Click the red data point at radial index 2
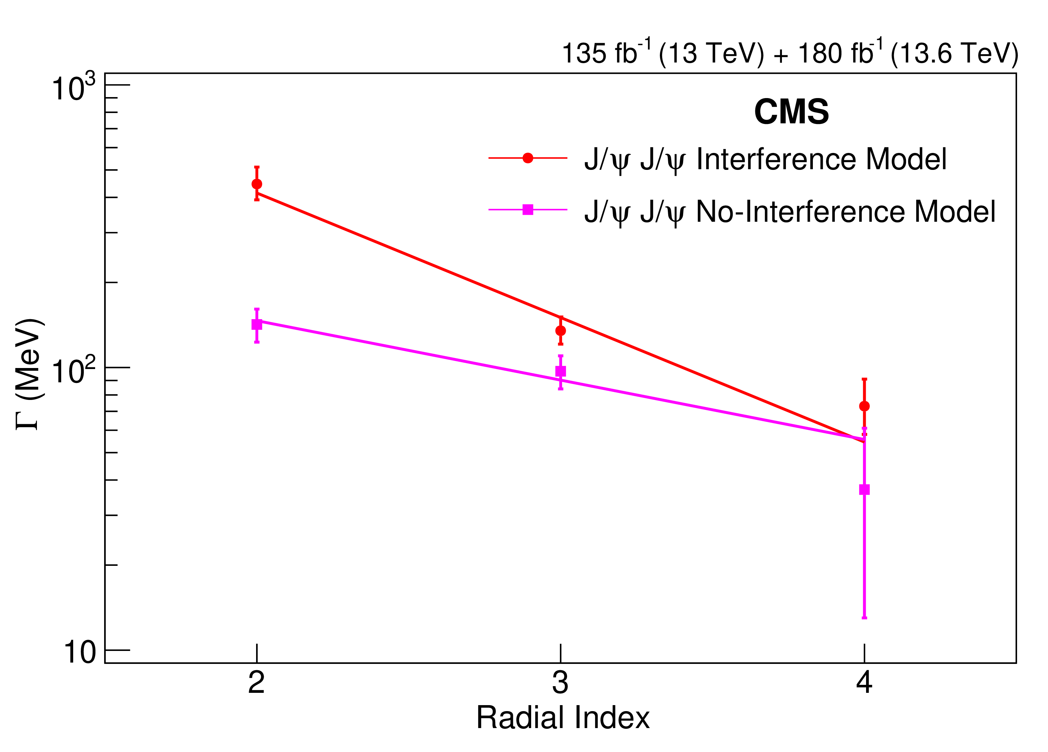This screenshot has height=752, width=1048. pos(257,184)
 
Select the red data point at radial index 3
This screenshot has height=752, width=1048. pos(560,331)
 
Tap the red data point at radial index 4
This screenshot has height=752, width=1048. pos(864,406)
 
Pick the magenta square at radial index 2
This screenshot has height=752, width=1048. pos(257,324)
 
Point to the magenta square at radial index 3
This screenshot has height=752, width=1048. pos(560,371)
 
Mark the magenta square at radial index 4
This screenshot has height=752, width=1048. pos(864,490)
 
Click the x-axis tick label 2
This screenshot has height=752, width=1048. pos(256,683)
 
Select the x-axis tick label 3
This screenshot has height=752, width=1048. pos(560,683)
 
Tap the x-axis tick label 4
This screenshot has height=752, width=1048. pos(864,683)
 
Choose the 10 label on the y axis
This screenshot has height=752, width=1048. pos(79,653)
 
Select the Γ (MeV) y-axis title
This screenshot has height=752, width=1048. pos(30,374)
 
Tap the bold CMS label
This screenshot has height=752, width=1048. pos(791,112)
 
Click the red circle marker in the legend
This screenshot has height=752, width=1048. pos(528,158)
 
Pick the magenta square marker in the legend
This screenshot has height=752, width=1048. pos(528,210)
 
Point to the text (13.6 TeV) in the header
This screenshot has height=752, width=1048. pos(955,53)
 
